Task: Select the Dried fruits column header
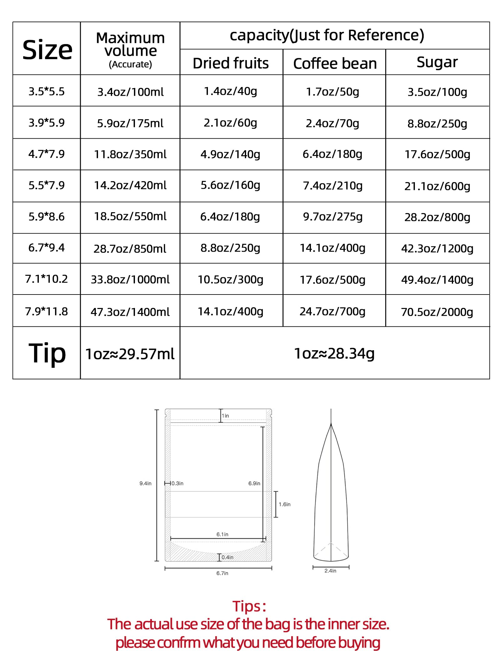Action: point(230,63)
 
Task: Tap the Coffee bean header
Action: point(335,64)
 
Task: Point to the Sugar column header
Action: point(437,62)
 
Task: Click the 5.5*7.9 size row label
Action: point(46,185)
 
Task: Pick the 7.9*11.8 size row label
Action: point(46,311)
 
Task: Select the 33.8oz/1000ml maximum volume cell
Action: point(130,279)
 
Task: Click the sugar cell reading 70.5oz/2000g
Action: point(437,312)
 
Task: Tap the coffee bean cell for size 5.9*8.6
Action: point(333,217)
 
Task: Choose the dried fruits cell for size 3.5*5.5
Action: point(230,91)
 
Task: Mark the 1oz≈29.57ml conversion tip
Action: point(130,354)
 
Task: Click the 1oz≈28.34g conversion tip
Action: point(334,353)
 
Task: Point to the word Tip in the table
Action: point(47,353)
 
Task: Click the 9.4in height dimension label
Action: point(145,484)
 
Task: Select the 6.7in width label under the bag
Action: point(222,573)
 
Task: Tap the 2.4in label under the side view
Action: point(330,571)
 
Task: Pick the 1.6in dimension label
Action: point(285,504)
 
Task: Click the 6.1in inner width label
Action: point(222,534)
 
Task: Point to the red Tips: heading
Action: point(249,606)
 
